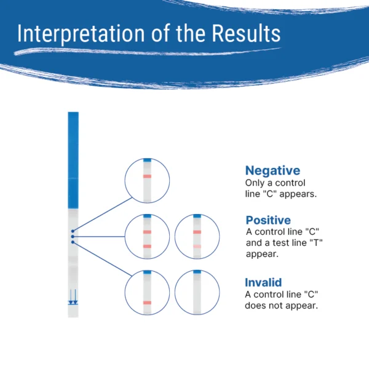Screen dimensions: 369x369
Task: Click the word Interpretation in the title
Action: (x=81, y=33)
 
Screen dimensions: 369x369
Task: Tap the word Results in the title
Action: (x=246, y=33)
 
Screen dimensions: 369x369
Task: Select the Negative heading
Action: (x=272, y=170)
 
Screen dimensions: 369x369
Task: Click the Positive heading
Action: (x=268, y=220)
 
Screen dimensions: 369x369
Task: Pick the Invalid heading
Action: (x=263, y=282)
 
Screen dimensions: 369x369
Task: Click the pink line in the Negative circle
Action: (x=147, y=177)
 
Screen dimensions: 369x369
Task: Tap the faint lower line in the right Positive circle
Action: (x=197, y=247)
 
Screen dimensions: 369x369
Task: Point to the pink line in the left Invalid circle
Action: (x=147, y=303)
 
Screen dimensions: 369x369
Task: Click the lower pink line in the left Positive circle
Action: (x=147, y=247)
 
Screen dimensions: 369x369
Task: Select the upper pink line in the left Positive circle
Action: (x=147, y=232)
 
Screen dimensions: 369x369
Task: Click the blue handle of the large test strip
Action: (x=73, y=161)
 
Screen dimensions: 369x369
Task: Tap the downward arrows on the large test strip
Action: (x=73, y=297)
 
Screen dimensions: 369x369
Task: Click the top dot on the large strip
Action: (x=73, y=231)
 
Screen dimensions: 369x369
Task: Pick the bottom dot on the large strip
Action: (x=73, y=242)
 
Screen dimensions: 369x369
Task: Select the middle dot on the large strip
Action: (x=73, y=237)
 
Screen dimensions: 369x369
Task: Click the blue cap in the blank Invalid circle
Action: (x=197, y=272)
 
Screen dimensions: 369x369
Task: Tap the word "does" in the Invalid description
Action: (x=255, y=306)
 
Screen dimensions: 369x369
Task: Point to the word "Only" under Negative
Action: (x=255, y=183)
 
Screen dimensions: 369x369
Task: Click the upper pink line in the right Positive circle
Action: (x=197, y=232)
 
